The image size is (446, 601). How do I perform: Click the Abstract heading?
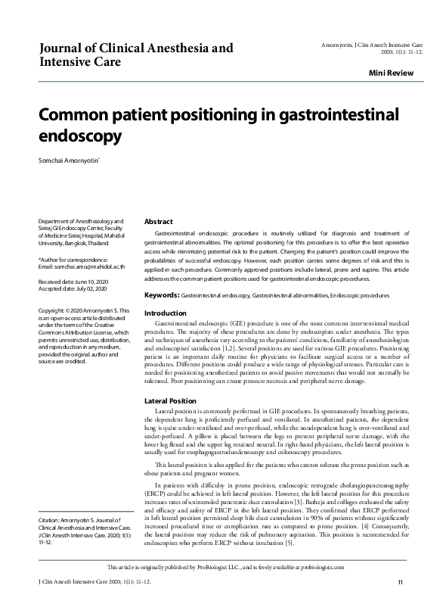(159, 221)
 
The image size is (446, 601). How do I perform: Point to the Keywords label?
(161, 294)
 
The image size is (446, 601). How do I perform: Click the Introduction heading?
(165, 313)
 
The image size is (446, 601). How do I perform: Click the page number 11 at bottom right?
(400, 581)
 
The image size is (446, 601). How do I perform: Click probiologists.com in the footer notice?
(325, 567)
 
